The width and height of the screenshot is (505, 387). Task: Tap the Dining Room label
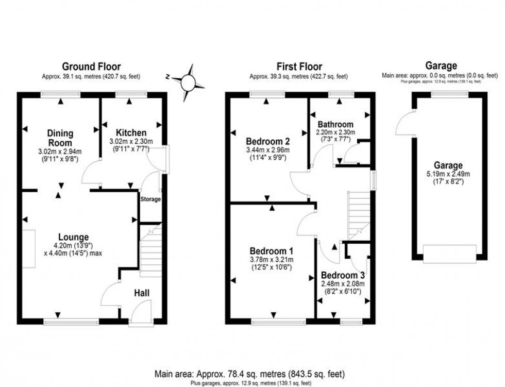61,138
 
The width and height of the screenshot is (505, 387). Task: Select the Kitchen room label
131,132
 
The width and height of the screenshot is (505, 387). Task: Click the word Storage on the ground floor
150,199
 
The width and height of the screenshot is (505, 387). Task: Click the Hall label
142,293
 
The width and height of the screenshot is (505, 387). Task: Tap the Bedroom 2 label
267,141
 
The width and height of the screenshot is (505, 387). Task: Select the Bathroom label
335,124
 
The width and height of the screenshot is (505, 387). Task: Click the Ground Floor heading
91,66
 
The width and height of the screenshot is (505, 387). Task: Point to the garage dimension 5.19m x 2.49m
448,175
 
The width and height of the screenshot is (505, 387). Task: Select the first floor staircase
360,214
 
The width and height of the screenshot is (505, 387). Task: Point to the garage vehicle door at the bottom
449,254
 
